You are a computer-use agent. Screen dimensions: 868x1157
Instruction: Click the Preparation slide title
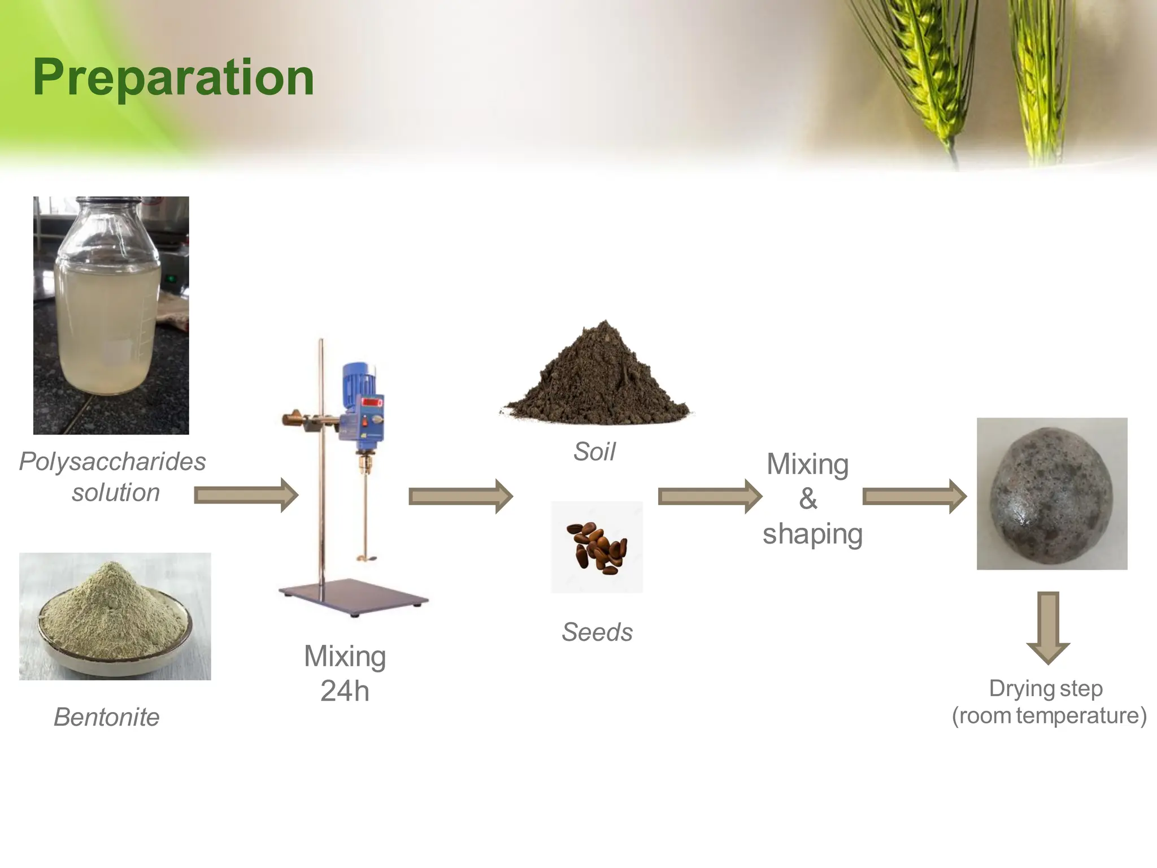pos(173,78)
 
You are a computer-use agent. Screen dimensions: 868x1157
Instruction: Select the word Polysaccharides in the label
pos(112,462)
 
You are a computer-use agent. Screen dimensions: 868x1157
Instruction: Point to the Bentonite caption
pos(106,717)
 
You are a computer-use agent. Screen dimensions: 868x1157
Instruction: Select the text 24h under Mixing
pos(345,691)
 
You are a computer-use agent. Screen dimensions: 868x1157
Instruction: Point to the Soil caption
pos(594,452)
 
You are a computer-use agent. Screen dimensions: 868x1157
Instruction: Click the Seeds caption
pos(597,632)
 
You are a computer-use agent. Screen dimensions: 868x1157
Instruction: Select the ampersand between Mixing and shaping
pos(808,498)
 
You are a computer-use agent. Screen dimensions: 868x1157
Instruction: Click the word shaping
pos(812,534)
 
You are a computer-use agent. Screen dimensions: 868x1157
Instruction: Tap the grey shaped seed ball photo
pos(1051,494)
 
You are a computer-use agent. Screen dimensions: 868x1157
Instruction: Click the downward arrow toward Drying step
pos(1048,627)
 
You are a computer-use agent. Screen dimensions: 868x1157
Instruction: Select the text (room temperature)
pos(1049,715)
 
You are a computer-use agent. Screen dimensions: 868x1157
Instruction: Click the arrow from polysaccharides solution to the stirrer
pos(246,496)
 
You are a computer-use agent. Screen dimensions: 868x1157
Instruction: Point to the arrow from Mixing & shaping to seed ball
pos(914,497)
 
